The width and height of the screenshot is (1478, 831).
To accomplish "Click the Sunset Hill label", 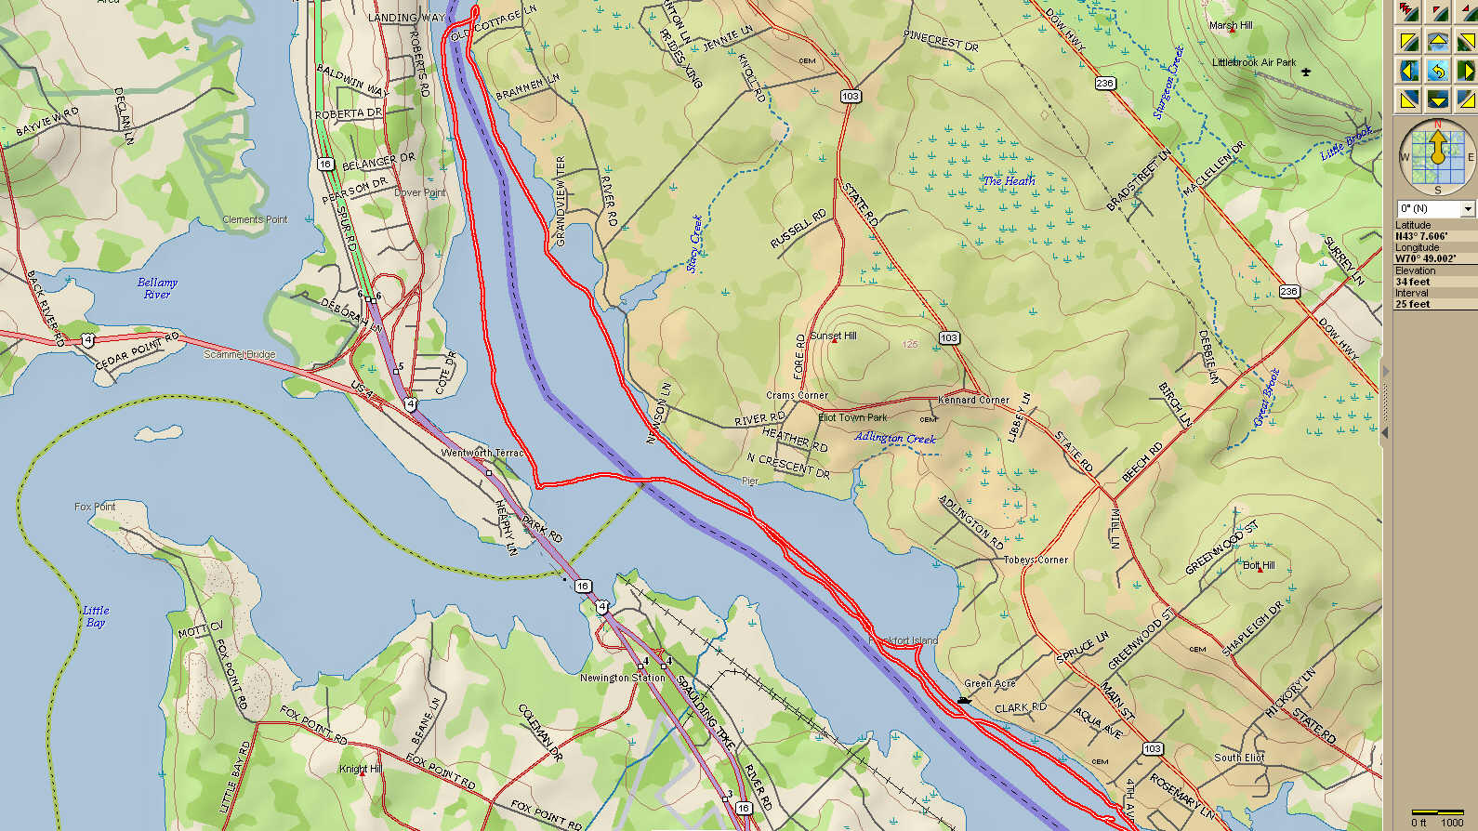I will (833, 336).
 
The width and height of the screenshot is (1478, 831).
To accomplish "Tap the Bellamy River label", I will (157, 288).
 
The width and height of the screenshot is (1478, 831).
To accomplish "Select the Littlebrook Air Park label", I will (1253, 62).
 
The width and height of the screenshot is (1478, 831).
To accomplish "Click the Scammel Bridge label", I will (239, 354).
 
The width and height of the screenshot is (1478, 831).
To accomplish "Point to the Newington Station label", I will (622, 678).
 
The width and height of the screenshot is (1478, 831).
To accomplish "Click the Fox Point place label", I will (95, 507).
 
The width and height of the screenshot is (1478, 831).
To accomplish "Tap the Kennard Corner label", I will (973, 400).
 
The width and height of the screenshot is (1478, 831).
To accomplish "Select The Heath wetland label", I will (1010, 181).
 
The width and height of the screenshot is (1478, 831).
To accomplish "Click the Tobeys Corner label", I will (1036, 560).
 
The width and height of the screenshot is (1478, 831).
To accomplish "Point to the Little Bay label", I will (96, 616).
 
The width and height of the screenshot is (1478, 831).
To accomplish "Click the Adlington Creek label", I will (895, 438).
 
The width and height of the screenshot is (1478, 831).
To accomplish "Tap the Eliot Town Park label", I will (852, 417).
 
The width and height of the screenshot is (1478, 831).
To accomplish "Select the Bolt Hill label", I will (1259, 565).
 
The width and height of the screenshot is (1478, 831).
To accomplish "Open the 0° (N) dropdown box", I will (1436, 209).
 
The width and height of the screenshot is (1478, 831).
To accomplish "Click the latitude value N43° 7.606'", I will (1420, 236).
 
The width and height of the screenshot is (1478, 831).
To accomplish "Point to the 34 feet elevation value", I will (1412, 282).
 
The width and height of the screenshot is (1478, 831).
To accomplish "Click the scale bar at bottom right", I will (1437, 813).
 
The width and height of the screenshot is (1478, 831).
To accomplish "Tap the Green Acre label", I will (989, 683).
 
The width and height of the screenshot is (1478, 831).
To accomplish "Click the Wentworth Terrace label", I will (482, 453).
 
